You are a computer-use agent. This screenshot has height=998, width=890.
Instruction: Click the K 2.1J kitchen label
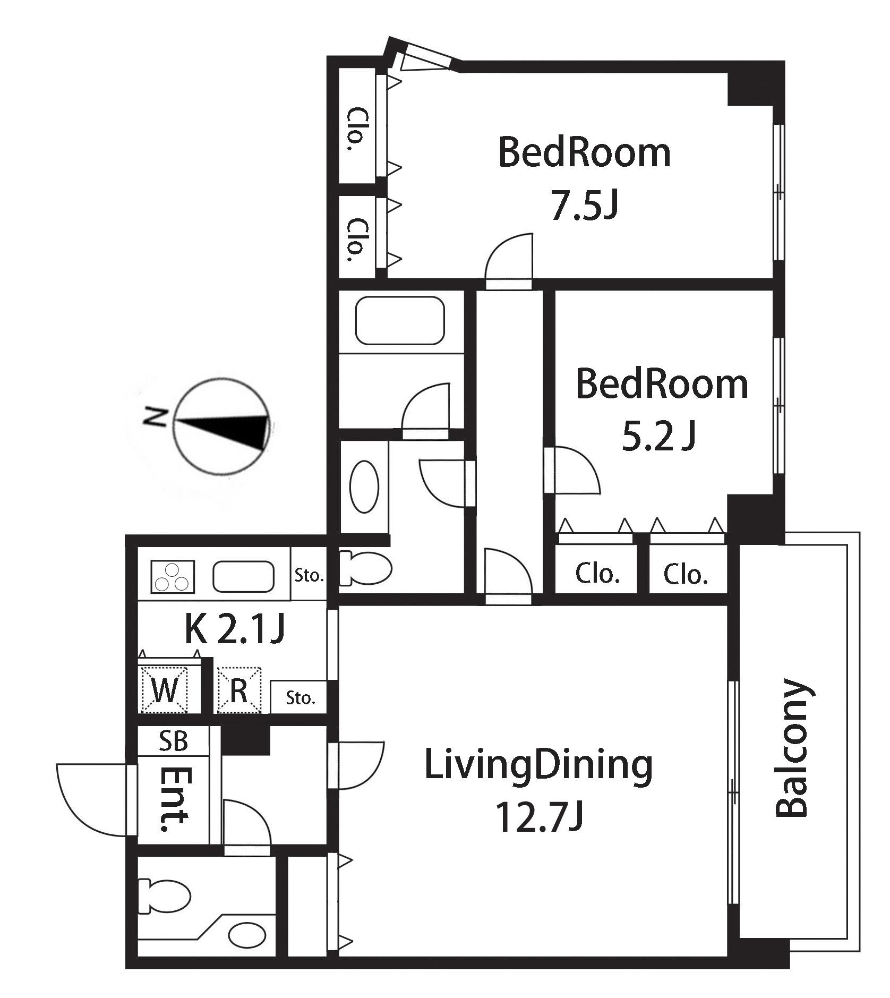(235, 629)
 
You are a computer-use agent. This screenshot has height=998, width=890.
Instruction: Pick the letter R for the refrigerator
(238, 690)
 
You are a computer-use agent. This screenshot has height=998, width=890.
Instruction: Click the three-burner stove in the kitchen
(172, 577)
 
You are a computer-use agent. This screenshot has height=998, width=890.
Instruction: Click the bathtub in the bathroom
(400, 320)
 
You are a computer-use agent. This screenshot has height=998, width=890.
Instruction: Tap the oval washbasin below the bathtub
(365, 487)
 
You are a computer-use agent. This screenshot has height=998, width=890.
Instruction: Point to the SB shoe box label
(174, 740)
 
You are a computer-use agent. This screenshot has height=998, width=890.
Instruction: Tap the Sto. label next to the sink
(309, 575)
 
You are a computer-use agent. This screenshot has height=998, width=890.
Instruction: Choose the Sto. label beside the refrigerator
(300, 697)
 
